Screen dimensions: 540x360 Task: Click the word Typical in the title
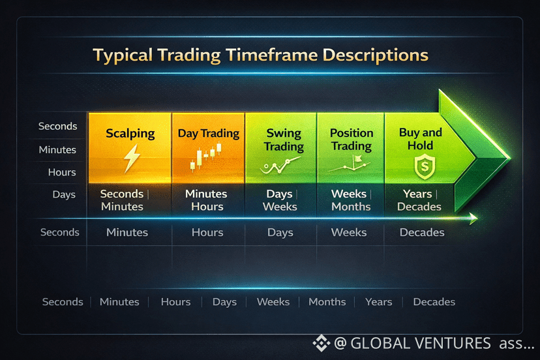tap(123, 55)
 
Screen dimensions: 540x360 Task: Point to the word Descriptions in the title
tap(376, 55)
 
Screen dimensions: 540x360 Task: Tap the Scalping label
tap(130, 134)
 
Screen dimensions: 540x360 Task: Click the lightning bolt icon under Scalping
tap(132, 158)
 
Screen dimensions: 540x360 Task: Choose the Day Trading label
tap(208, 133)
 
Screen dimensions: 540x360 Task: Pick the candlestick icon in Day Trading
tap(206, 157)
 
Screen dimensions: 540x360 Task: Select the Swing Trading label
tap(284, 140)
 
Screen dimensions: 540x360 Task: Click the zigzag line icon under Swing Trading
tap(280, 166)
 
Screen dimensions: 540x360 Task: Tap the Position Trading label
tap(352, 139)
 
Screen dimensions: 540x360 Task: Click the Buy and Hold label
tap(420, 139)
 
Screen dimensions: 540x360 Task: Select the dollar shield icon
tap(425, 167)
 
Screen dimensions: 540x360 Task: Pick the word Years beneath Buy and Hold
tap(417, 194)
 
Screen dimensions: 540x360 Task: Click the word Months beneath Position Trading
tap(351, 207)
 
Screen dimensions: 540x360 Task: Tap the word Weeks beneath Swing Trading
tap(280, 207)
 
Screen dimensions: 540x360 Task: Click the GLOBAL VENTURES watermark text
tap(421, 344)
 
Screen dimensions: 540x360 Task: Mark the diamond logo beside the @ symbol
tap(322, 343)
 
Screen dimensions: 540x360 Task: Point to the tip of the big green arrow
tap(510, 158)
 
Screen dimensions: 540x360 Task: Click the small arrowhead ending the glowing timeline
tap(474, 218)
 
